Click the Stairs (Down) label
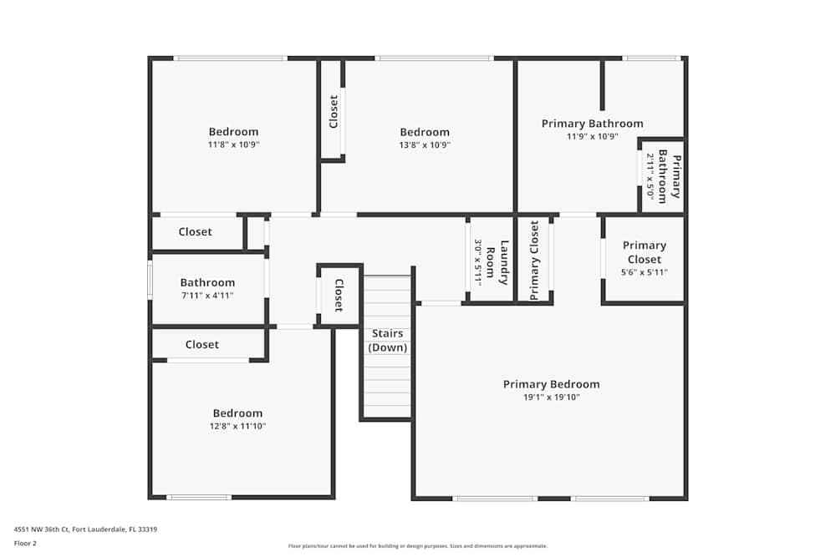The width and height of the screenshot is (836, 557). [387, 340]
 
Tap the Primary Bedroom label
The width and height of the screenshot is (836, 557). [551, 384]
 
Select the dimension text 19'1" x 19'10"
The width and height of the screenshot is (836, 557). [551, 397]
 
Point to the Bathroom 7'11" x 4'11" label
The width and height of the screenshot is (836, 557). [207, 283]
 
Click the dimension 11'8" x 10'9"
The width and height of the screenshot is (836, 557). [233, 144]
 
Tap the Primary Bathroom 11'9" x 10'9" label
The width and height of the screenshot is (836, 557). [592, 124]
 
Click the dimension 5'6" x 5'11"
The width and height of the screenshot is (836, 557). [645, 272]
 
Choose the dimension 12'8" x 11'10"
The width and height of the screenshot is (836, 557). [237, 426]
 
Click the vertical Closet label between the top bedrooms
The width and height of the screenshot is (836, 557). [334, 111]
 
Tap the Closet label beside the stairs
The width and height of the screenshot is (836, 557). [339, 294]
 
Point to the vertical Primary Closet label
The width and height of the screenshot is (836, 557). [534, 260]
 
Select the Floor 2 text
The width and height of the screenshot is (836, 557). [25, 543]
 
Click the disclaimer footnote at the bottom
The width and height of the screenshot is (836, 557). [418, 545]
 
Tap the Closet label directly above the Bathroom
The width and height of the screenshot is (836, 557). [195, 231]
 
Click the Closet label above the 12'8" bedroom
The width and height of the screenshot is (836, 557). [201, 344]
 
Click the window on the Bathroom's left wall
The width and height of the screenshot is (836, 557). [150, 280]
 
